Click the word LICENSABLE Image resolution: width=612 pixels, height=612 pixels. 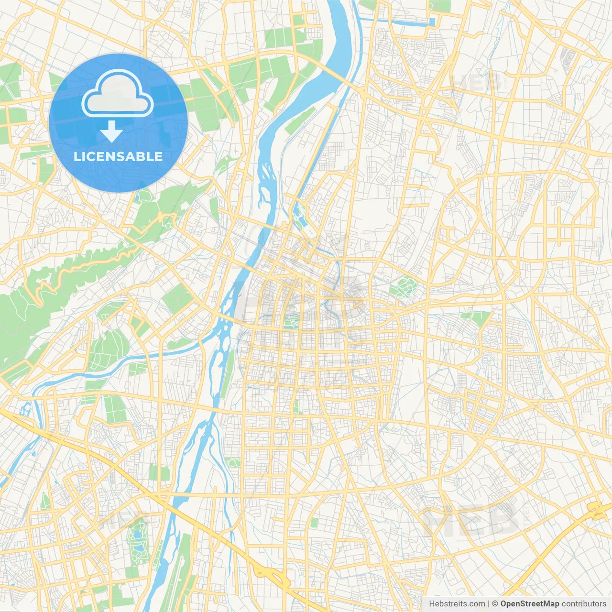[x=118, y=156]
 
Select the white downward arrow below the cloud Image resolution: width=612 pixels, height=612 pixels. [x=111, y=131]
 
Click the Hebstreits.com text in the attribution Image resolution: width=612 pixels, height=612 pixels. [x=457, y=604]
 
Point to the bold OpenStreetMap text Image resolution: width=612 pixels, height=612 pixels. [x=530, y=604]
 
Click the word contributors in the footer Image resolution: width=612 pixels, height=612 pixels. [x=584, y=604]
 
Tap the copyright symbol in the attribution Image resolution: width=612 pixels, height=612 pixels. [x=495, y=604]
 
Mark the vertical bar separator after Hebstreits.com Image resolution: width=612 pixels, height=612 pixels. [x=489, y=604]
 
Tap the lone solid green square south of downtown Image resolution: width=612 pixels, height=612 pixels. [x=314, y=523]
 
